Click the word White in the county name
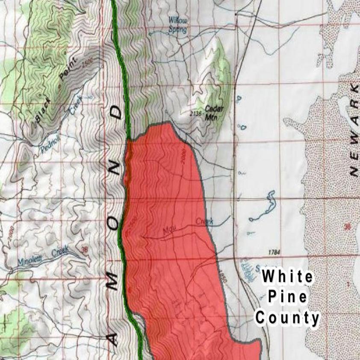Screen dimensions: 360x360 [x=287, y=277]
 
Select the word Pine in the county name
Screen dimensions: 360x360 [x=287, y=297]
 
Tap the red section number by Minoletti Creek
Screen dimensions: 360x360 [x=84, y=249]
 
